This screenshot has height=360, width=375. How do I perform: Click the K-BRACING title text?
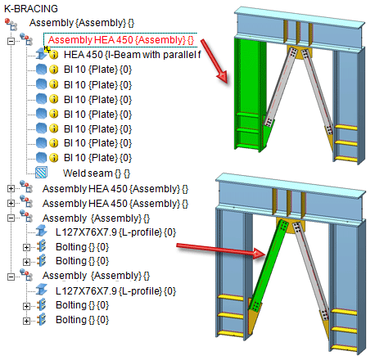pos(31,9)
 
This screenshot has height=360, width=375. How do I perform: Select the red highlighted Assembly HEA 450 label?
pos(121,40)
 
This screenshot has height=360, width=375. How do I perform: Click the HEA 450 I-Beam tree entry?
pos(133,55)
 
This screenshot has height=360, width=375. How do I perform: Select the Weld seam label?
pos(97,173)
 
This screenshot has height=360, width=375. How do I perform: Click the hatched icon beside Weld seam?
pos(41,173)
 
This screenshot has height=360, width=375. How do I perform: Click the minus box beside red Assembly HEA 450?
pos(11,42)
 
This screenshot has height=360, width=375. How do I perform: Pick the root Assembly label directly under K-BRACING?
pos(82,23)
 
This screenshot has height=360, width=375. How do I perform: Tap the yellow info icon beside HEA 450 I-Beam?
pos(54,55)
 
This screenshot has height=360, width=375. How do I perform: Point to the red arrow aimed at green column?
pos(214,61)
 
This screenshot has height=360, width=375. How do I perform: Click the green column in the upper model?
pos(247,92)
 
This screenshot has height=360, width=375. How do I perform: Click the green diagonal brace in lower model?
pos(269,266)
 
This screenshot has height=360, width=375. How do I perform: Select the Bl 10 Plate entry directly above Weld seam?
pos(97,158)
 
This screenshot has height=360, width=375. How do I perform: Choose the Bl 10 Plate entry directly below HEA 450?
pos(97,70)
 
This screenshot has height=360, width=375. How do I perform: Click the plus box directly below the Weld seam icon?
pos(11,188)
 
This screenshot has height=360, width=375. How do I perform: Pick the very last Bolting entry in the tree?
pos(82,320)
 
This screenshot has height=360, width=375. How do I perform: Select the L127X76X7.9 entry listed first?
pos(115,232)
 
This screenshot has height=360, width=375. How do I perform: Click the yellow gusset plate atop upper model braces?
pos(299,53)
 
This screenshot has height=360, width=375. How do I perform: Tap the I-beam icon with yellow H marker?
pos(43,53)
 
